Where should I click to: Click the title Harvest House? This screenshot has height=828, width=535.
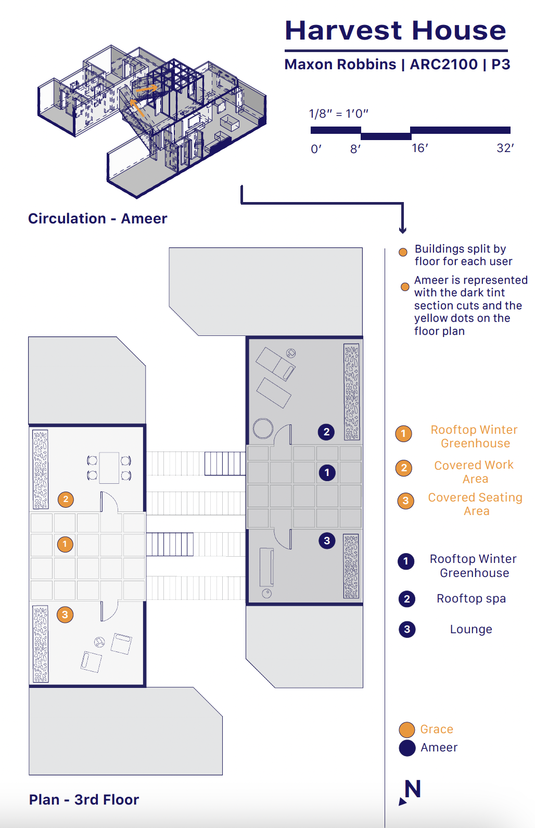pos(396,30)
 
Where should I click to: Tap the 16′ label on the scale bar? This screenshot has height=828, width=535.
pos(419,148)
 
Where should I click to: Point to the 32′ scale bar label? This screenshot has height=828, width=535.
pos(505,148)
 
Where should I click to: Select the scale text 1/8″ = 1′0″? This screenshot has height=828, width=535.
pos(338,114)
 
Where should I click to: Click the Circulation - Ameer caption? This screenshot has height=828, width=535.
pos(97,219)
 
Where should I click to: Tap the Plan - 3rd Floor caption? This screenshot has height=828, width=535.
pos(84,800)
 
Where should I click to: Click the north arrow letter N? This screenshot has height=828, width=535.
pos(413,789)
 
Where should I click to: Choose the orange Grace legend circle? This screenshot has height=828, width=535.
pos(406,730)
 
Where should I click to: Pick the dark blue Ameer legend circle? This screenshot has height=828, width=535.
pos(406,748)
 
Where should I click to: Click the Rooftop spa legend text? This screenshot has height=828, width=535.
pos(471,599)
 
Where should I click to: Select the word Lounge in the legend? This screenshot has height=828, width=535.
pos(471,629)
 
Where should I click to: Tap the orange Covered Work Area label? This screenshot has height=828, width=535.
pos(474,472)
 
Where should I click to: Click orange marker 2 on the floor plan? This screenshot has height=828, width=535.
pos(66,499)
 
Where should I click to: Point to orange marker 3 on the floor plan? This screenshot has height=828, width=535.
pos(65,614)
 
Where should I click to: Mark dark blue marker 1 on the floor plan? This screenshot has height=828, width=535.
pos(327,473)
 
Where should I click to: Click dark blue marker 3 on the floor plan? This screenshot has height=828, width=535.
pos(327,541)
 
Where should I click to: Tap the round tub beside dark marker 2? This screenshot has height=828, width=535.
pos(263,429)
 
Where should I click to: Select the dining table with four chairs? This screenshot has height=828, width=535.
pos(109,468)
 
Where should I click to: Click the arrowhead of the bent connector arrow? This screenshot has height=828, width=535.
pos(402,230)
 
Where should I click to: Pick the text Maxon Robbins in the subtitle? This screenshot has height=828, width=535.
pos(340,65)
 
